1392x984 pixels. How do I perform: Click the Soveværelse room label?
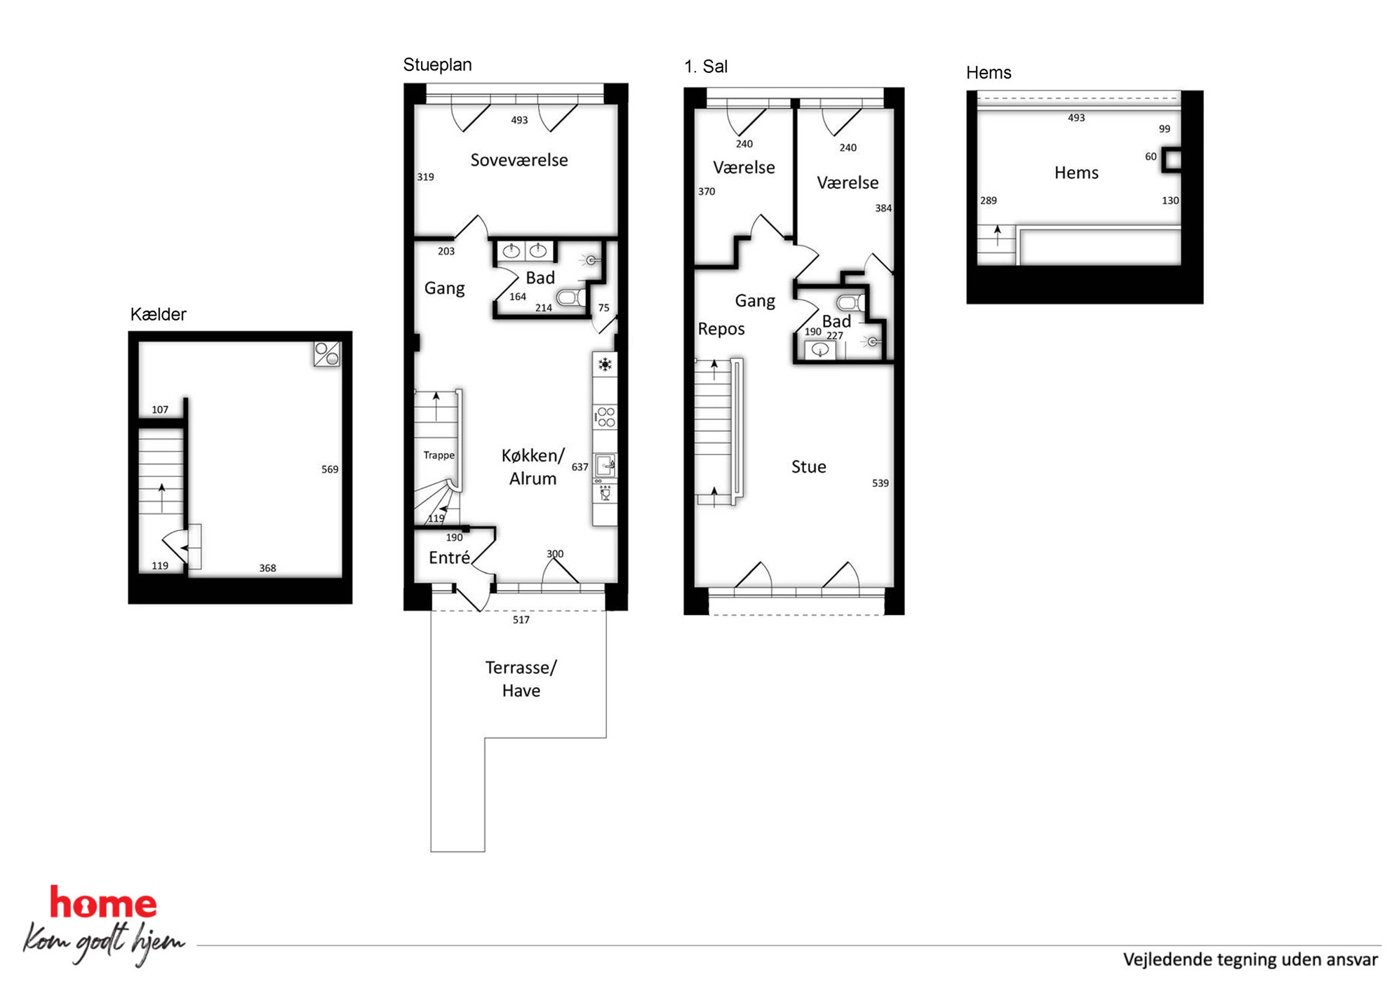tap(518, 160)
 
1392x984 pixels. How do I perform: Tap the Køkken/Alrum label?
tap(533, 466)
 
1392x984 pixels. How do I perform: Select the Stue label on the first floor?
tap(808, 466)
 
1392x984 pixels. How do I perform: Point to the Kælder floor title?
tap(158, 314)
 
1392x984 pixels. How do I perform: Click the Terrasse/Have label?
tap(521, 678)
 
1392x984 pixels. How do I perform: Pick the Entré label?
tap(449, 558)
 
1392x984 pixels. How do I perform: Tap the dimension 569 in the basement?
tap(330, 469)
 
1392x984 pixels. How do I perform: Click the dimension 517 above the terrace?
tap(521, 620)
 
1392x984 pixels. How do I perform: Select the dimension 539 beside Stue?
tap(880, 483)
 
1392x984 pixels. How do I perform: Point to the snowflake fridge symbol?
tap(605, 364)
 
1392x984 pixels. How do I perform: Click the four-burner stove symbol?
tap(605, 417)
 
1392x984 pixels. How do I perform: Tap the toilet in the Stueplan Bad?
tap(571, 297)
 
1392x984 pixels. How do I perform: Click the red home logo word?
tap(103, 903)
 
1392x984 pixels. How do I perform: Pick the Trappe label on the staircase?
tap(439, 455)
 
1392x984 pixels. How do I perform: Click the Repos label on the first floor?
tap(721, 329)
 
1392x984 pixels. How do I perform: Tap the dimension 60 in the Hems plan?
tap(1151, 156)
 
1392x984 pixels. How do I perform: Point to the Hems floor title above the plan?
tap(989, 73)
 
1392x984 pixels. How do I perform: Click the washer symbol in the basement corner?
tap(327, 354)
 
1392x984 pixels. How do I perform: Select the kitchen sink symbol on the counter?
tap(605, 465)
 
